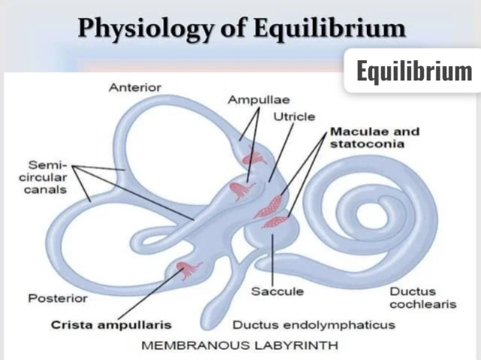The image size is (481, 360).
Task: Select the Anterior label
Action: pos(135,88)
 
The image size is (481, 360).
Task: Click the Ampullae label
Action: pos(259,100)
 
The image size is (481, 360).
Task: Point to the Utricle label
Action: pos(294,116)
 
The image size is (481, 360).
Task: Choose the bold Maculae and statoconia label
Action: pos(374,138)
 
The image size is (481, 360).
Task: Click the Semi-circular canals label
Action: pos(43,177)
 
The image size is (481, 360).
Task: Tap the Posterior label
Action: pos(58,298)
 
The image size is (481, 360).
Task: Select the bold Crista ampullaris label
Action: pos(111,325)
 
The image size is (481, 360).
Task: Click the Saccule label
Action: pos(277,292)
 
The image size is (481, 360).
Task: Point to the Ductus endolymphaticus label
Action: pos(314,325)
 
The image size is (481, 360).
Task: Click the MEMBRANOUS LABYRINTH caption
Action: pos(240,346)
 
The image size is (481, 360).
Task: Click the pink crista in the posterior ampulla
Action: pos(188,270)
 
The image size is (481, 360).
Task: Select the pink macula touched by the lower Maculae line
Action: pos(275,222)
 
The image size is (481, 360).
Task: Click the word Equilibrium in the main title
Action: pos(329,29)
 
